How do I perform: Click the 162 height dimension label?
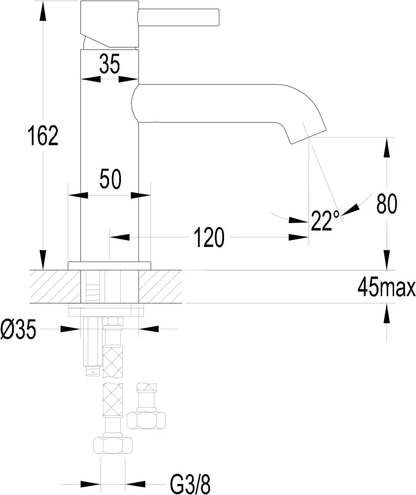[x=43, y=136]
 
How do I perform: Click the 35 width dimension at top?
[x=109, y=64]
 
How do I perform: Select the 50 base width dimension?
[x=109, y=179]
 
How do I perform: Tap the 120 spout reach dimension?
[x=208, y=238]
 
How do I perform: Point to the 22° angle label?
[x=325, y=221]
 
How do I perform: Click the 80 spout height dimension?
[x=387, y=203]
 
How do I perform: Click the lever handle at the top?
[x=178, y=17]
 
